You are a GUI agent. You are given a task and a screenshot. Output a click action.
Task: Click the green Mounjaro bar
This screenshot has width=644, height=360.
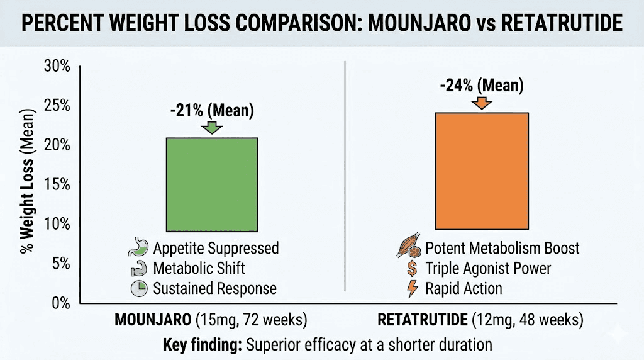tap(212, 184)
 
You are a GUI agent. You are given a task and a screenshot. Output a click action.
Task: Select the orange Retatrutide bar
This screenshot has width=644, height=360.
tap(482, 171)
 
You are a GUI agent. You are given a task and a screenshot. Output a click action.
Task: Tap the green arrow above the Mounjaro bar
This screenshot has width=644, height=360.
tap(212, 127)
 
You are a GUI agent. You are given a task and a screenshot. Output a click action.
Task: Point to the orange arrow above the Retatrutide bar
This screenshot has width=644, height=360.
tap(482, 103)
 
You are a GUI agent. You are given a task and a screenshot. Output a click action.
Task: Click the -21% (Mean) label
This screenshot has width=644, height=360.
tap(212, 111)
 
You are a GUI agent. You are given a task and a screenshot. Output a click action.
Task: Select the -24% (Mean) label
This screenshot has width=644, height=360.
tap(482, 86)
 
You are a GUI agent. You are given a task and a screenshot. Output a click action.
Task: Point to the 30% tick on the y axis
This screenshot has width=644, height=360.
tap(57, 66)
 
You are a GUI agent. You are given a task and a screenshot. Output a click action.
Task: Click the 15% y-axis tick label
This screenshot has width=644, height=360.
tap(57, 184)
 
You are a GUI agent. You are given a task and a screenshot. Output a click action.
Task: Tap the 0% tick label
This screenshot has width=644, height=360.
tap(61, 303)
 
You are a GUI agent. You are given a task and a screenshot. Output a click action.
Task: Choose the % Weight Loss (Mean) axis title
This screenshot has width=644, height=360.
tap(27, 181)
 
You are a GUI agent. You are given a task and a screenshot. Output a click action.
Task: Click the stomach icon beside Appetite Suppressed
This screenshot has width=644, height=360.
tap(138, 247)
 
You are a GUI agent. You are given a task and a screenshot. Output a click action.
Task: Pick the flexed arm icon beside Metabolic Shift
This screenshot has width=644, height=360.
tap(139, 268)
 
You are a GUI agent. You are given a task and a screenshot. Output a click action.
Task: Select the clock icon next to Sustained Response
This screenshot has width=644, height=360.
tap(139, 288)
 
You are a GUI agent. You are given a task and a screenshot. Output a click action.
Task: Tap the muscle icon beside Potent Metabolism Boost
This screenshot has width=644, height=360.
tap(409, 247)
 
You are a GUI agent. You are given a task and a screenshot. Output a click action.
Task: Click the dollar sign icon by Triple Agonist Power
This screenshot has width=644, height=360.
tap(411, 268)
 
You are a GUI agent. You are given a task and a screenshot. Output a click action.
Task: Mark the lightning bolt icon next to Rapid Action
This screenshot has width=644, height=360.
tap(413, 288)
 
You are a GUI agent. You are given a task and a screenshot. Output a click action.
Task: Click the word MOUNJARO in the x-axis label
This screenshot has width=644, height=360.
tap(153, 320)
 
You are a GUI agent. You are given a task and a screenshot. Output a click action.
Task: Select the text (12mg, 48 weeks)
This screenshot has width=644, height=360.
tap(528, 320)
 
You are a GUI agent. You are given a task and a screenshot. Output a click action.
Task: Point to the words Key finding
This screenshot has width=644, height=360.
tap(203, 345)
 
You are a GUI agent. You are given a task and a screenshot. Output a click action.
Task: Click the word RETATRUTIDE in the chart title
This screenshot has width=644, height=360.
tap(562, 23)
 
